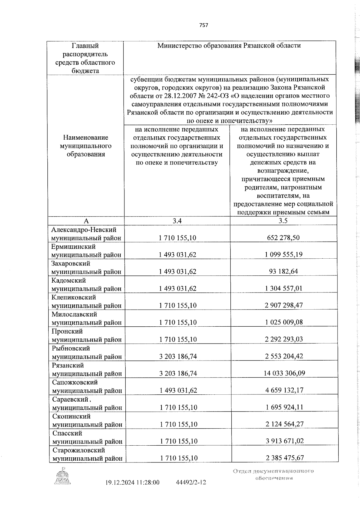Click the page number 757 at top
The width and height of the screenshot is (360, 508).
pyautogui.click(x=203, y=25)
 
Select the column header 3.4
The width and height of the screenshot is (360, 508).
pyautogui.click(x=177, y=221)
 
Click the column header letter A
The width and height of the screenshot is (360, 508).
pyautogui.click(x=86, y=221)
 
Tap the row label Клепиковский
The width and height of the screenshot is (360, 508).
pyautogui.click(x=74, y=297)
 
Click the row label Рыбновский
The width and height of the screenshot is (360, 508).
pyautogui.click(x=71, y=348)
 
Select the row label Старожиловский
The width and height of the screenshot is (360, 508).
pyautogui.click(x=79, y=450)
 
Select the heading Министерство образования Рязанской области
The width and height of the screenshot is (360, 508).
pyautogui.click(x=229, y=46)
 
